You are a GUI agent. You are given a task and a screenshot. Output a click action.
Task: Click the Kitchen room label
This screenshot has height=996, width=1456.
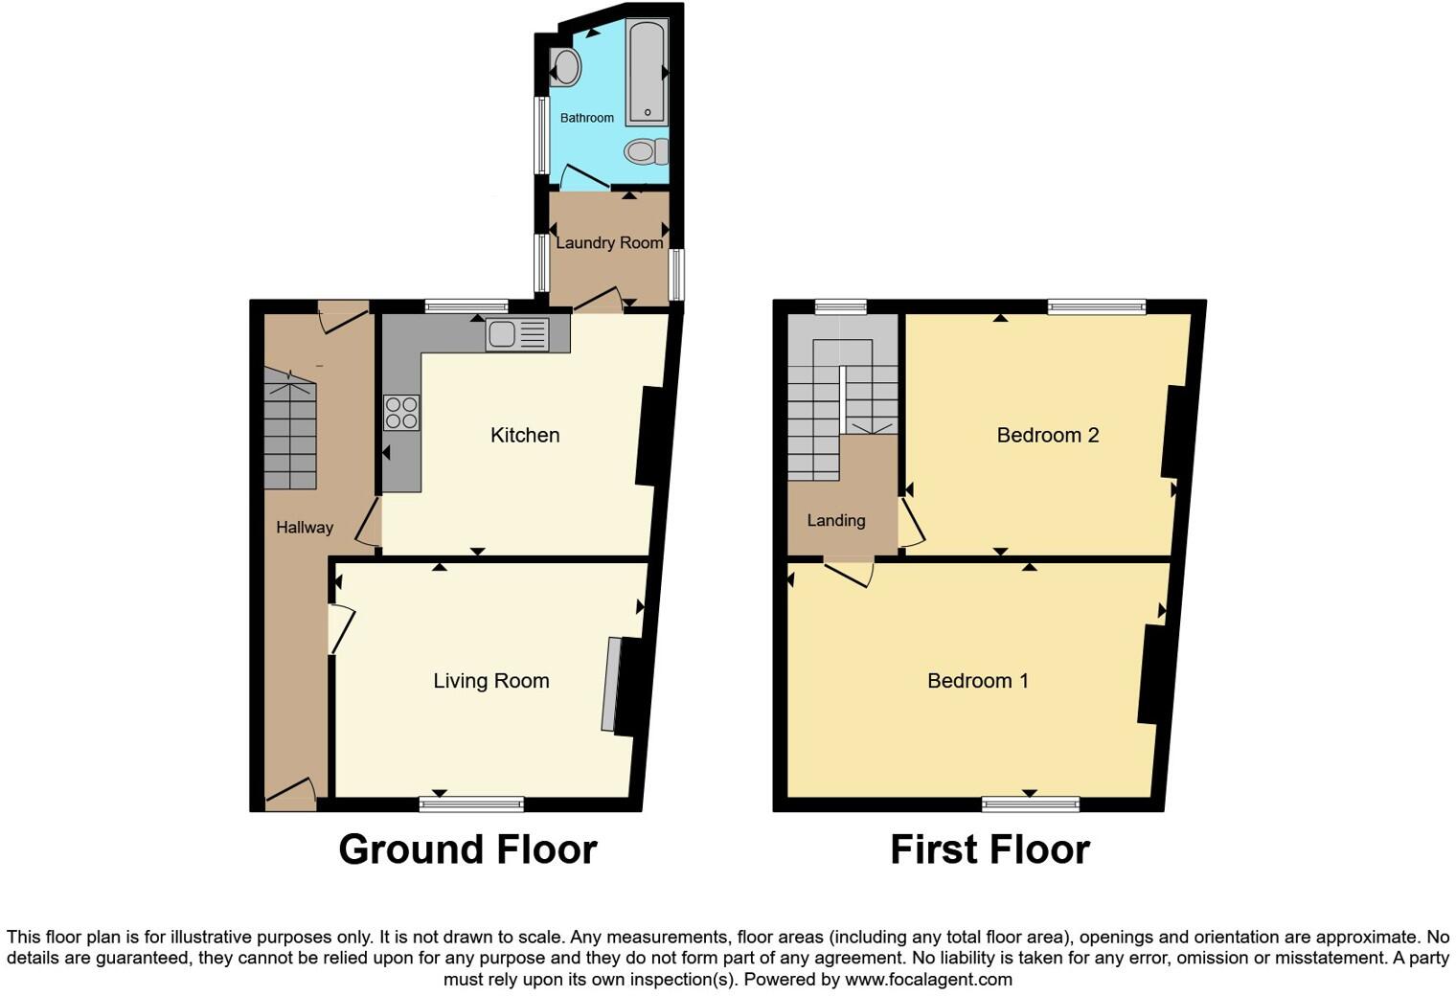pos(525,435)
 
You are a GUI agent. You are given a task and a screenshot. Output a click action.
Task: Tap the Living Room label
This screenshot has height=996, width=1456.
pos(490,681)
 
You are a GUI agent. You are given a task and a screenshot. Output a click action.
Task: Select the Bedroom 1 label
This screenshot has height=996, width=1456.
pos(977,681)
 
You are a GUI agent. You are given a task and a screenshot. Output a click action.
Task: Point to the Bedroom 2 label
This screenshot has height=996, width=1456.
pos(1047,435)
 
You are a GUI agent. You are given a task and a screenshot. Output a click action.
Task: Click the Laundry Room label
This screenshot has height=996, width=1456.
pos(609,243)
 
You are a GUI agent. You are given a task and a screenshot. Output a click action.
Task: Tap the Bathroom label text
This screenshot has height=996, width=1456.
pos(586,118)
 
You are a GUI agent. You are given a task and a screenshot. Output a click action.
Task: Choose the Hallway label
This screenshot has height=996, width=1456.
pos(305,528)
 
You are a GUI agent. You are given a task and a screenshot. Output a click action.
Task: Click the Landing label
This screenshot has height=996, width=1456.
pos(835,521)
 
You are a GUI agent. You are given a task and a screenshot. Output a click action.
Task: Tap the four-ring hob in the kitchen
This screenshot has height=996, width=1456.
pos(401,413)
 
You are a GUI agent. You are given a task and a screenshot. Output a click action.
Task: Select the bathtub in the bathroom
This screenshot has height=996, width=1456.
pos(647,73)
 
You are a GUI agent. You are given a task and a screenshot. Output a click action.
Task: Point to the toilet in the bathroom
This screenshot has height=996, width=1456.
pos(647,151)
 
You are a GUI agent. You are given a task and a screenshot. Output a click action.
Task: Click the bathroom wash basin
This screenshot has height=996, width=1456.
pos(565,68)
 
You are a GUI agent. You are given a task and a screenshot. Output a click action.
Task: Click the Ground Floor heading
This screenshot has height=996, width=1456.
pos(467,849)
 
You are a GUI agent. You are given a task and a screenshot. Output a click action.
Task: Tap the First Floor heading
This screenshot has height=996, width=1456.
pos(990,849)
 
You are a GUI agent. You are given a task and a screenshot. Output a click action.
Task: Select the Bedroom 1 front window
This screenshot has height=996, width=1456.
pos(1030,804)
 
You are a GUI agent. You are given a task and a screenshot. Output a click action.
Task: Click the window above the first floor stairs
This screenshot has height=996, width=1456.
pos(840,306)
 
